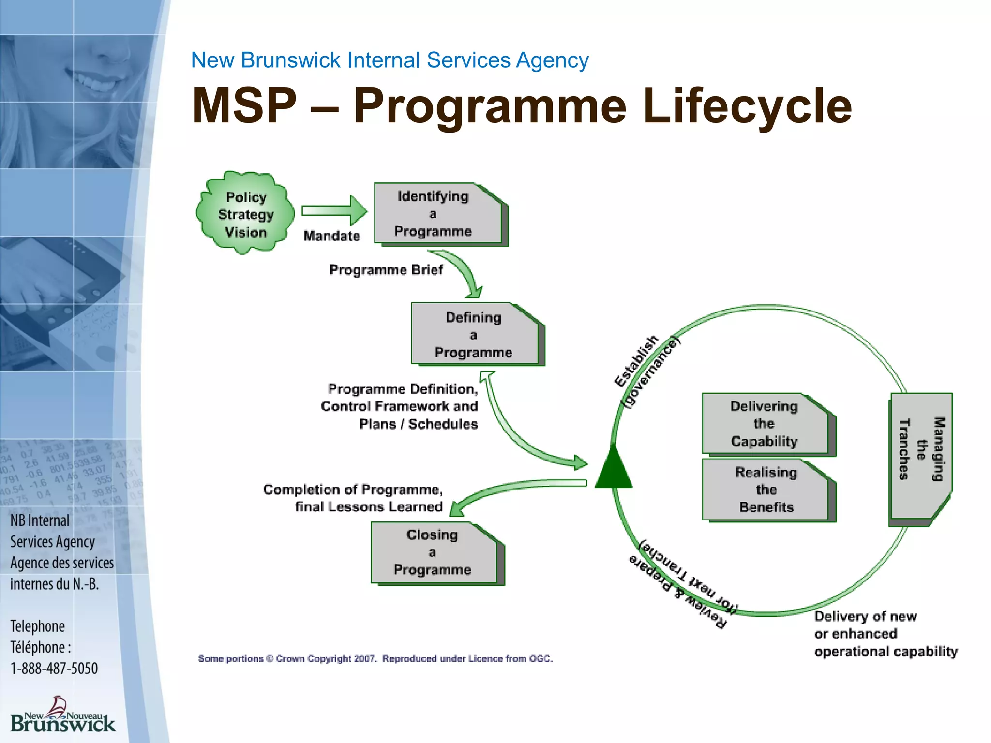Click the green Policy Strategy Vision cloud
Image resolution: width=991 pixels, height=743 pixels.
245,213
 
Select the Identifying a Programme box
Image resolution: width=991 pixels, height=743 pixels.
438,213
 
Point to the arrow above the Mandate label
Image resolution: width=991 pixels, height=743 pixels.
334,210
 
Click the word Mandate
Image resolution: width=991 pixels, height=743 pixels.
331,236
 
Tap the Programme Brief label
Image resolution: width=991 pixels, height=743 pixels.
386,270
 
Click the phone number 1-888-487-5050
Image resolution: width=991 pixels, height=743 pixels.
54,669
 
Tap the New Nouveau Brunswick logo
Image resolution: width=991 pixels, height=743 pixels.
62,716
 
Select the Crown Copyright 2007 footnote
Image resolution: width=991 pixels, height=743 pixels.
375,658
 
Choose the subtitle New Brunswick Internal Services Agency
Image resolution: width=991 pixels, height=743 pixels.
390,60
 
